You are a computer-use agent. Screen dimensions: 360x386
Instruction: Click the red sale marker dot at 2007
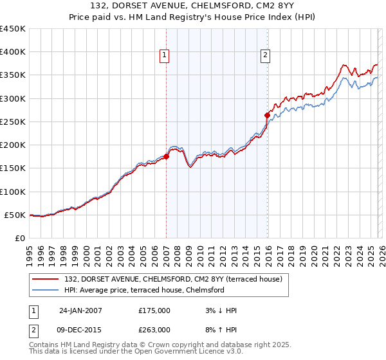coord(166,156)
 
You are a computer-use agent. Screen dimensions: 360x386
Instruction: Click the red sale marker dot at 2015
coord(267,116)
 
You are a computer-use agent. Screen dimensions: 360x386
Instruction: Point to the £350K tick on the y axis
coord(14,75)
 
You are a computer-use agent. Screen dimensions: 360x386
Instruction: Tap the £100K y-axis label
coord(14,192)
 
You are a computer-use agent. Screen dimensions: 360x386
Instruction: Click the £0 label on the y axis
coord(19,238)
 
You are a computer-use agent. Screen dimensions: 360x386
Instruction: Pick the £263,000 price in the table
coord(154,330)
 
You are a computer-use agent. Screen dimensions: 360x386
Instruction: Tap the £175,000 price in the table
coord(154,310)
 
